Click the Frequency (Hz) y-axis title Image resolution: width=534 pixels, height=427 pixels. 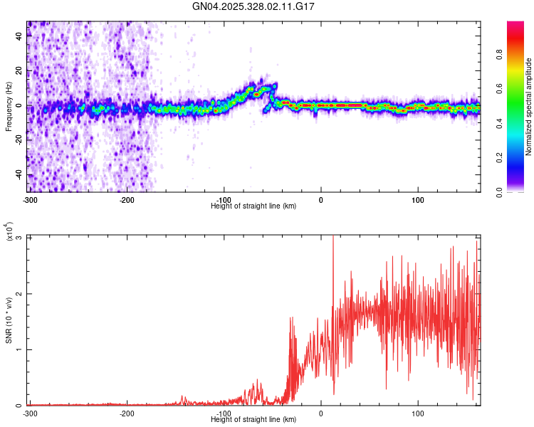9,107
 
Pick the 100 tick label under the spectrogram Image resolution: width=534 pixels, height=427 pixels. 418,199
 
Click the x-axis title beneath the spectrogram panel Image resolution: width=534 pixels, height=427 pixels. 253,206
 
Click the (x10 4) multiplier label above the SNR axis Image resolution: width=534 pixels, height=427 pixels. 9,232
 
